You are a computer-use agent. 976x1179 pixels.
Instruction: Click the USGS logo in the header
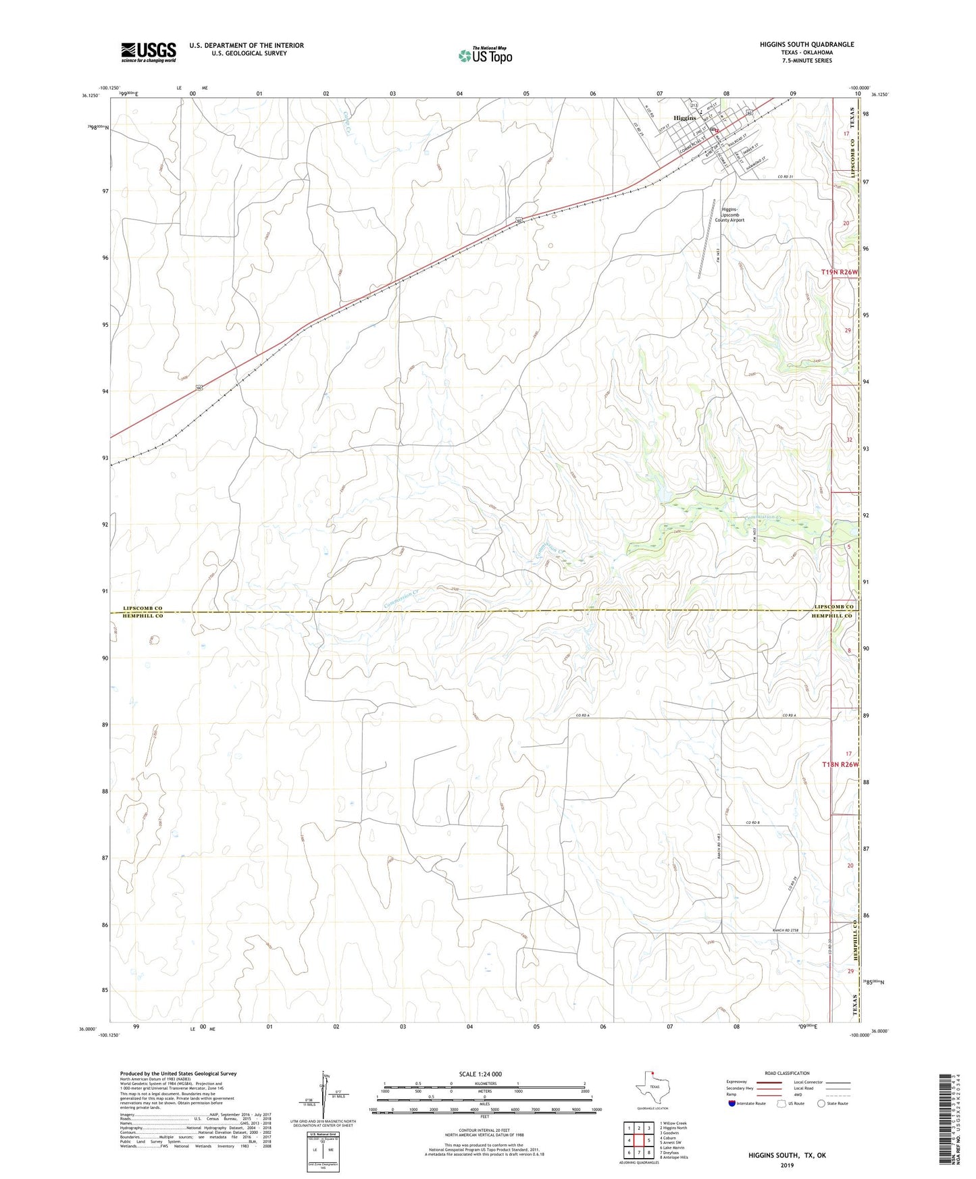tap(148, 52)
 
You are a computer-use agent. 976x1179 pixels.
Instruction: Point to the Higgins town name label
tap(684, 118)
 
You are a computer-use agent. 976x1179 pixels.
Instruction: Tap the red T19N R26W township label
tap(840, 272)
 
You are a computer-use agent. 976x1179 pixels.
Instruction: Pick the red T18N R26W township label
tap(840, 764)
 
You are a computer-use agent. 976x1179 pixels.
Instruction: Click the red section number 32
tap(849, 440)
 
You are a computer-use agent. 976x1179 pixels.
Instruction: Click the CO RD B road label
tap(753, 822)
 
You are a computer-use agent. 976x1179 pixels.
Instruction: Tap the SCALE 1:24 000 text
tap(480, 1074)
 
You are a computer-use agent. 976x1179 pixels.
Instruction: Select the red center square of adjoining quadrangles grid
tap(638, 1140)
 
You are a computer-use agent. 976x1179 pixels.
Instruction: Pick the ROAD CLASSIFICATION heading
tap(786, 1073)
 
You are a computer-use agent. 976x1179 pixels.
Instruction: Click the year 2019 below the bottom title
tap(786, 1165)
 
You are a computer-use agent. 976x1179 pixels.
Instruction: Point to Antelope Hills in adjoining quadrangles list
tap(675, 1157)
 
